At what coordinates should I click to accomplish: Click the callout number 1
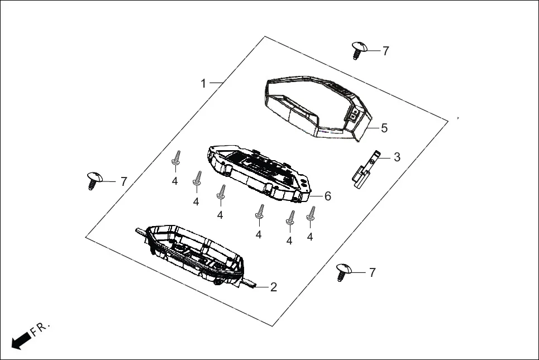[x=204, y=84]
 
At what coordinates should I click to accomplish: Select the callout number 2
[x=273, y=287]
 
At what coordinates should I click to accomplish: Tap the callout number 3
[x=397, y=157]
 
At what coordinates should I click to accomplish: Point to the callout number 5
[x=384, y=128]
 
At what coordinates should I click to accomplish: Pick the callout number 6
[x=328, y=196]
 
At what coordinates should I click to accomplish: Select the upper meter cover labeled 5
[x=315, y=106]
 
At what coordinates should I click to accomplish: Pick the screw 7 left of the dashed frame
[x=94, y=180]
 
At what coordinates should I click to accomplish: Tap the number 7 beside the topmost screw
[x=385, y=51]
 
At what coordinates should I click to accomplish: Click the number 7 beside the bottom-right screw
[x=372, y=272]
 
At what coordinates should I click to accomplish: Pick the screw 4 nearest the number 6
[x=311, y=215]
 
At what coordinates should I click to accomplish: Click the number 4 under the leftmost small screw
[x=175, y=181]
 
